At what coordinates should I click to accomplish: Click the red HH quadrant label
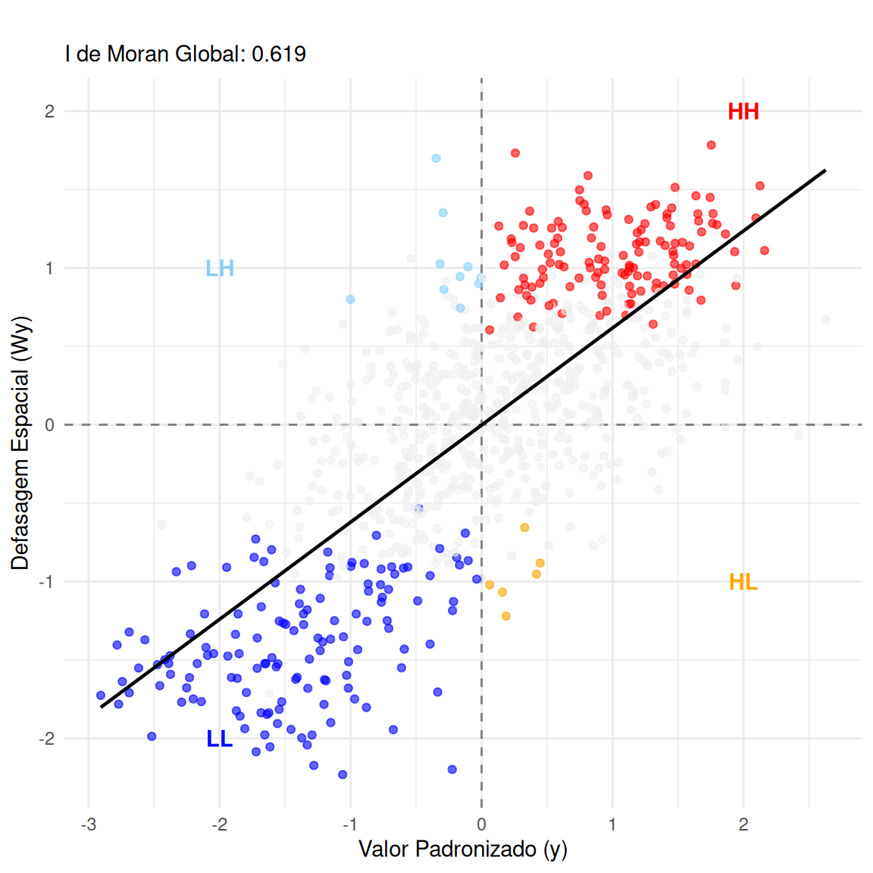[x=743, y=111]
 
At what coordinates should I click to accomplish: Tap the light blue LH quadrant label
[x=220, y=268]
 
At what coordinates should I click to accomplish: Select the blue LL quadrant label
[x=219, y=739]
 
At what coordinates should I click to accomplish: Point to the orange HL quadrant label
[x=743, y=582]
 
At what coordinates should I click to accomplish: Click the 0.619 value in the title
[x=279, y=54]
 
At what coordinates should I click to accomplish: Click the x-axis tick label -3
[x=89, y=824]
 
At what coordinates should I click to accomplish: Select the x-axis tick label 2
[x=743, y=824]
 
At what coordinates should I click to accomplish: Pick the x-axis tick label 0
[x=481, y=824]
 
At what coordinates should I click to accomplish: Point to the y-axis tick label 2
[x=50, y=111]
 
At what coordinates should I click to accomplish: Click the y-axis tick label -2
[x=47, y=739]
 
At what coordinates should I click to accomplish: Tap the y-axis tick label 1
[x=50, y=268]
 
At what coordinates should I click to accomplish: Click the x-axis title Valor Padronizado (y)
[x=462, y=850]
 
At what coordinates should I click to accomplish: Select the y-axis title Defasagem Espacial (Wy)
[x=20, y=443]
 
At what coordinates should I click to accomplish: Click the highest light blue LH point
[x=436, y=158]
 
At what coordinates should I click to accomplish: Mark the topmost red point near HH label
[x=711, y=145]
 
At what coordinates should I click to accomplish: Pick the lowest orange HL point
[x=506, y=616]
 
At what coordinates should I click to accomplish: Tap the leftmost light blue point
[x=350, y=299]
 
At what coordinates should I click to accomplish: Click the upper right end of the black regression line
[x=824, y=171]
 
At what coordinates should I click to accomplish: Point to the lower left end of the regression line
[x=102, y=707]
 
